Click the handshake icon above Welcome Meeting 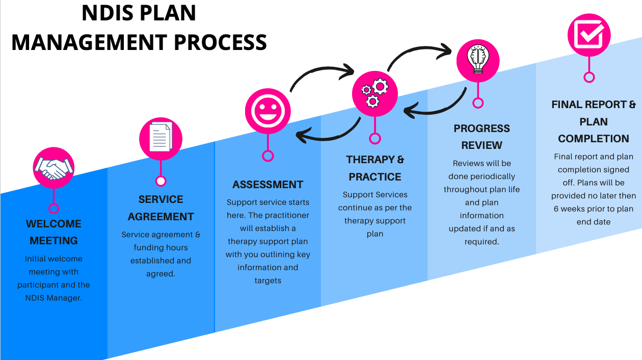[x=53, y=168]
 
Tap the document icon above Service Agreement [x=160, y=138]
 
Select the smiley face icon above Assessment [x=268, y=112]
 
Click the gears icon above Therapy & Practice [x=375, y=94]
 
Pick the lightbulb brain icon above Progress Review [x=478, y=60]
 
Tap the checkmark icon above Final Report [x=589, y=35]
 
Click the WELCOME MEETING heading [x=53, y=232]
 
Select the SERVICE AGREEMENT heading [x=160, y=208]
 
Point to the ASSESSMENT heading [x=268, y=185]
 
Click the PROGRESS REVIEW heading [x=481, y=137]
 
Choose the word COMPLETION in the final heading [x=594, y=139]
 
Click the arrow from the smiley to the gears [x=321, y=71]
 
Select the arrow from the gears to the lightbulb [x=418, y=50]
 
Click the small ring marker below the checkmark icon [x=589, y=78]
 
